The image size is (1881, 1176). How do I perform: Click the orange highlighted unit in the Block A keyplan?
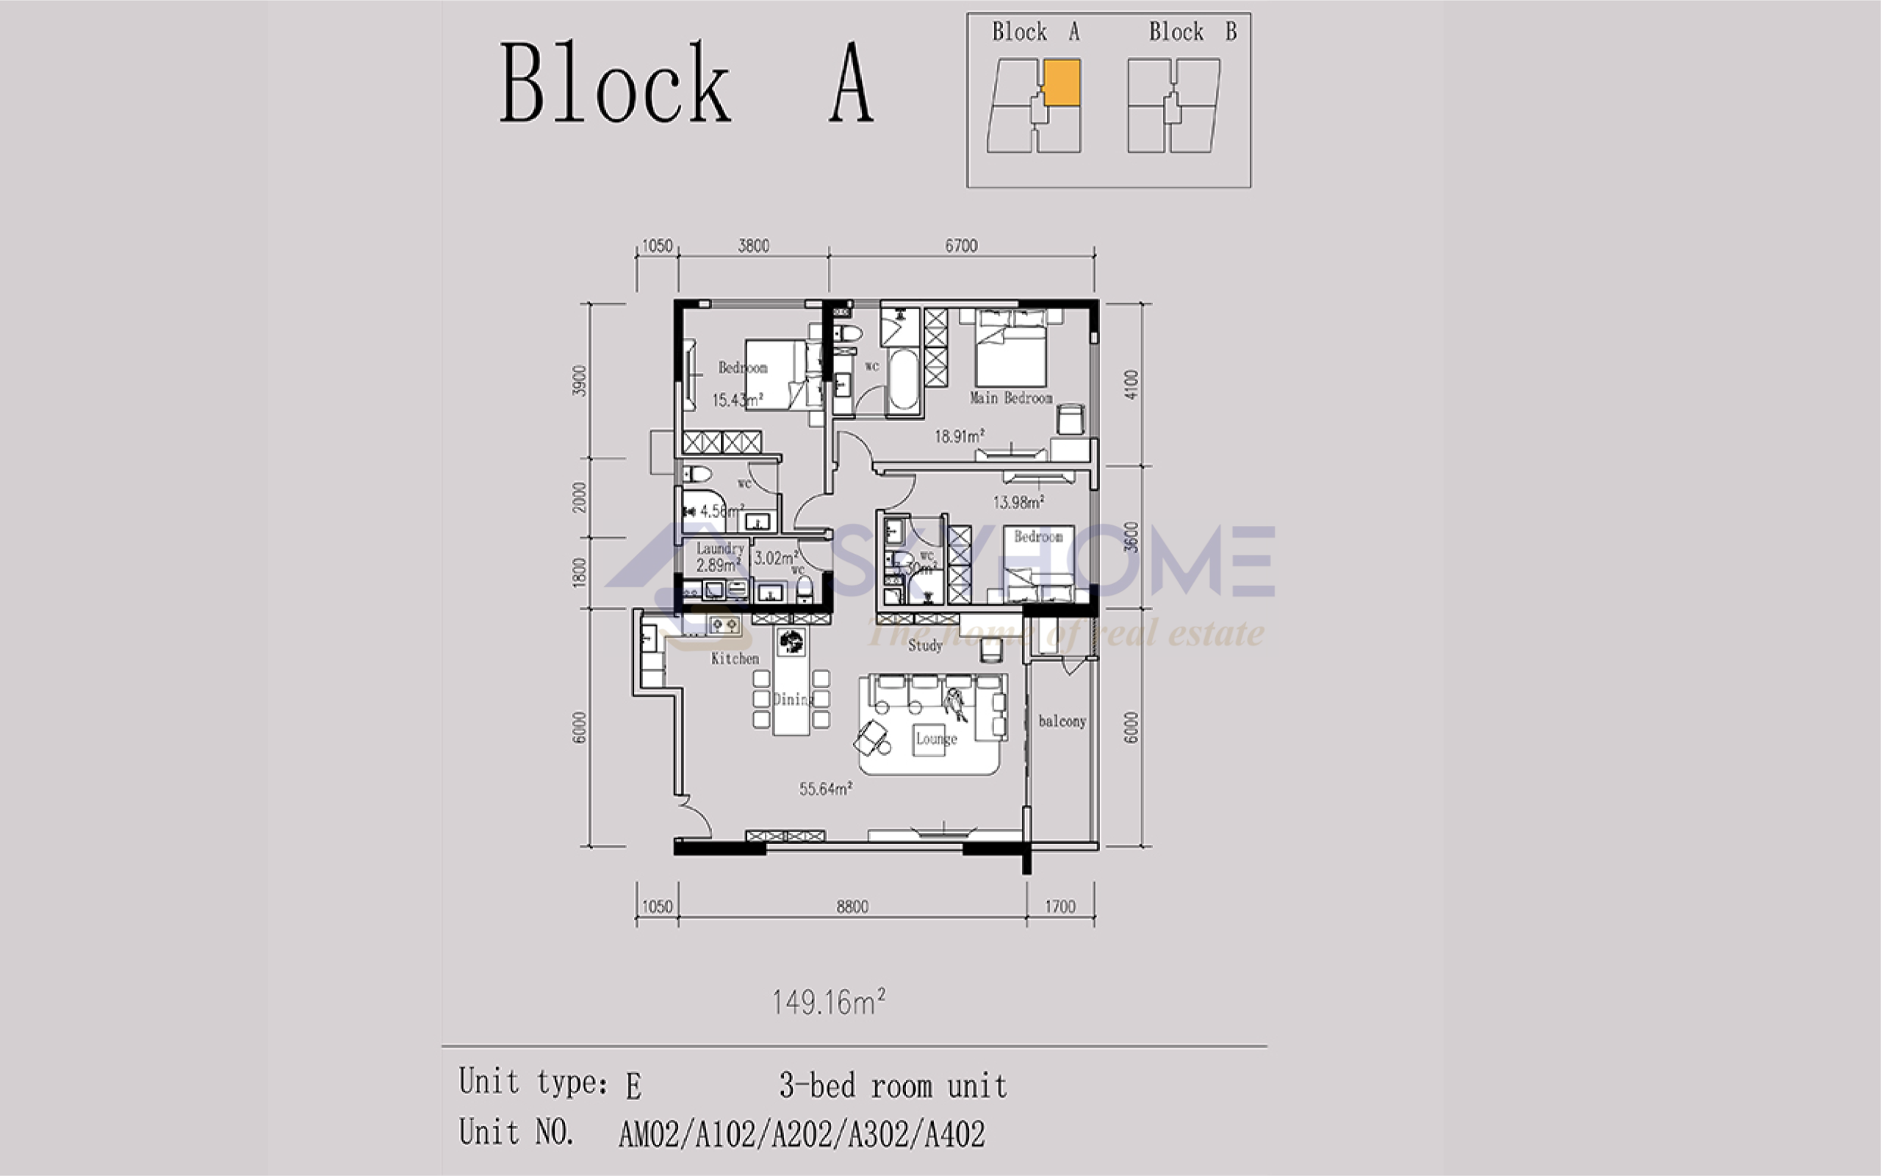pos(1062,82)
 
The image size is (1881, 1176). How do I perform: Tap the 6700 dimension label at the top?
pos(961,246)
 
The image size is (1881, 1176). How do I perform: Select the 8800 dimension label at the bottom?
pos(852,907)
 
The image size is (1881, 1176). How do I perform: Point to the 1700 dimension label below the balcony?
pos(1060,907)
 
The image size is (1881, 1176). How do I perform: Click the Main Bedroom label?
pos(1010,398)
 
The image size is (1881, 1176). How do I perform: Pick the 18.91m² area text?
pos(959,436)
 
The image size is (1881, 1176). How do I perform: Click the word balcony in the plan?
pos(1062,722)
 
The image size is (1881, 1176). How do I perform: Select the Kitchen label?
pos(734,659)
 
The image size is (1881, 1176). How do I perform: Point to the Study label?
pos(925,646)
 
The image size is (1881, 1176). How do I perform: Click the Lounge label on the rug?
pos(936,739)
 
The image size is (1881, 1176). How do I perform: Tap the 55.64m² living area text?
pos(825,790)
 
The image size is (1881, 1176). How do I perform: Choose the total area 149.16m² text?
pos(829,1003)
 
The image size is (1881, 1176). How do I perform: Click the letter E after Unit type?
pos(633,1086)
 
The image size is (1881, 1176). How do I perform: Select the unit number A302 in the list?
pos(878,1135)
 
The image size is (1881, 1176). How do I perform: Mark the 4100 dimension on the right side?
pos(1131,384)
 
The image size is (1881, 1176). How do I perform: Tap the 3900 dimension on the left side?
pos(580,380)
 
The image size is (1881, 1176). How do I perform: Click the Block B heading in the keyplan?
pos(1192,32)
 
